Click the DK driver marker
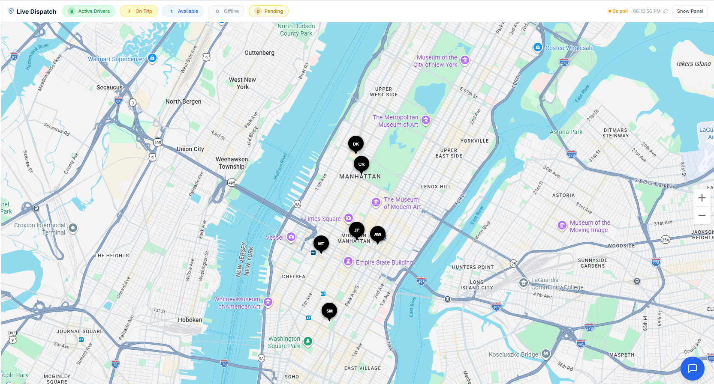[x=356, y=144]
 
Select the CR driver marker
[x=362, y=164]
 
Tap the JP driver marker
[x=357, y=230]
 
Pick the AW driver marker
[x=378, y=234]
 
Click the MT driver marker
[x=321, y=244]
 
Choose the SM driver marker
[x=329, y=311]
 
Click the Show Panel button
[x=690, y=11]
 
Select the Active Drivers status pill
[x=89, y=11]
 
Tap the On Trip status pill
[x=139, y=11]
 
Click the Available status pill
[x=183, y=11]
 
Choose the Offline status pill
[x=226, y=11]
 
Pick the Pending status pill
[x=268, y=11]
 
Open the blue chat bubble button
[x=692, y=368]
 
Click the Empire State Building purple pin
[x=348, y=262]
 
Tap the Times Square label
[x=322, y=219]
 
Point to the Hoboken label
[x=190, y=320]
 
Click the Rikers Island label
[x=693, y=64]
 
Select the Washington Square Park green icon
[x=308, y=341]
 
